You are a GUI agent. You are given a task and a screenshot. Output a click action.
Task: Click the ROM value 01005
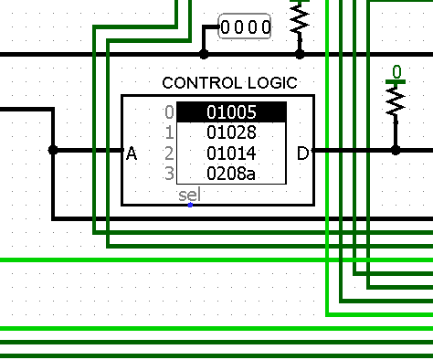(231, 112)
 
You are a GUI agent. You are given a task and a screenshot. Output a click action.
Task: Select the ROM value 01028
(231, 132)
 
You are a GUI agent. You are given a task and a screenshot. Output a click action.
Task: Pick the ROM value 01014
(231, 153)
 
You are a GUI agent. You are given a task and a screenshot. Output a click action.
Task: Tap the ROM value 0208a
(231, 174)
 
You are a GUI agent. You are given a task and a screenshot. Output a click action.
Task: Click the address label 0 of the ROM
(169, 112)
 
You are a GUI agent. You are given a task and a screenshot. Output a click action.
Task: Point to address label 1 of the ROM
(170, 132)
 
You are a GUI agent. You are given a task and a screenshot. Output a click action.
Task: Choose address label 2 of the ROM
(169, 153)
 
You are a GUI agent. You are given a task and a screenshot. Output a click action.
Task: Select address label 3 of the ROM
(169, 174)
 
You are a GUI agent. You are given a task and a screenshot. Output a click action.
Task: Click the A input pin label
(132, 154)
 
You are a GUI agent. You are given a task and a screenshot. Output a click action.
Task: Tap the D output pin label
(302, 154)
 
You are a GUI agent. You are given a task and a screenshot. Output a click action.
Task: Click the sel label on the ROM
(190, 195)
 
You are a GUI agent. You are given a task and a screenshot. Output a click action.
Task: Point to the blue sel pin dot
(190, 206)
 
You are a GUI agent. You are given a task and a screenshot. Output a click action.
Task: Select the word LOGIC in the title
(272, 83)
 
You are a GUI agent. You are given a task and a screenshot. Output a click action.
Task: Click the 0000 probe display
(245, 26)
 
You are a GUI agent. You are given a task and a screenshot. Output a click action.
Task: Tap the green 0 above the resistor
(396, 72)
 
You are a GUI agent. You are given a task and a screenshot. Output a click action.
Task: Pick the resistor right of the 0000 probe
(300, 21)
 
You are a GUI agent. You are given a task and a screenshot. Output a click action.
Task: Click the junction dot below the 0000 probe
(204, 55)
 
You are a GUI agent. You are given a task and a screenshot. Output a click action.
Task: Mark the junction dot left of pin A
(53, 150)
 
